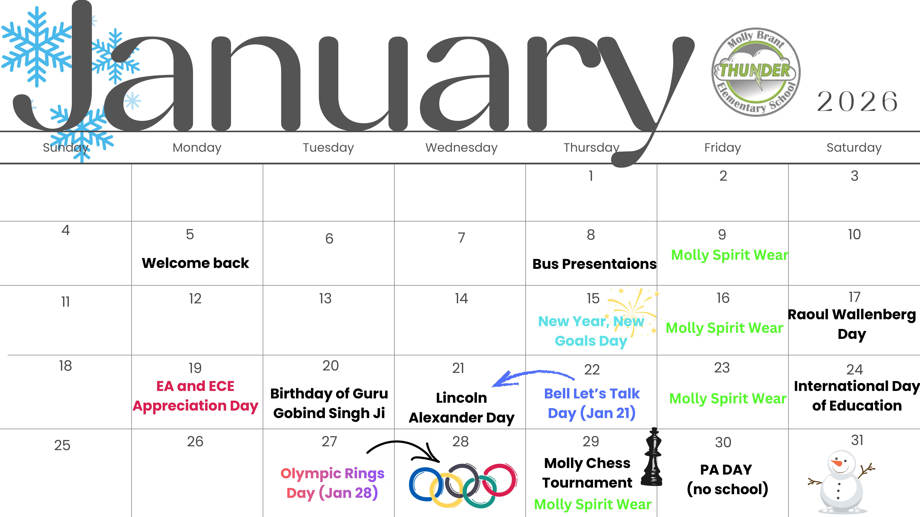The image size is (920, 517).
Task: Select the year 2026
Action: (857, 102)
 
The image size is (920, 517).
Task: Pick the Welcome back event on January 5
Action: (195, 263)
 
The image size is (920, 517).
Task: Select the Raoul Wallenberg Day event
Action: (852, 324)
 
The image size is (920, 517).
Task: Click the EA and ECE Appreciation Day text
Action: (195, 396)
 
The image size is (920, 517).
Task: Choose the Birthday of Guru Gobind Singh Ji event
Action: (329, 403)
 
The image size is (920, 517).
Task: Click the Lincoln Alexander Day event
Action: (461, 407)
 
